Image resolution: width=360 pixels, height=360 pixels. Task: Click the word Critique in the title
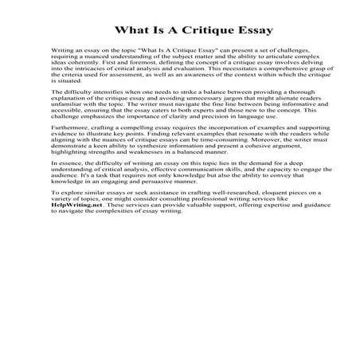(194, 32)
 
